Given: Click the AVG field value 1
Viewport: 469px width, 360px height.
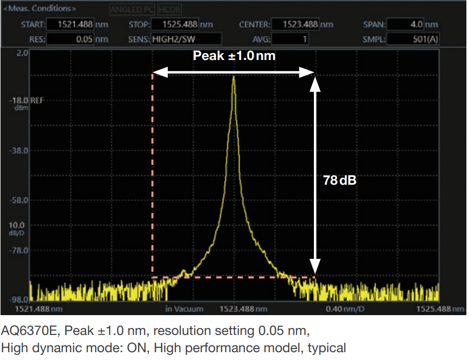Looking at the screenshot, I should point(290,39).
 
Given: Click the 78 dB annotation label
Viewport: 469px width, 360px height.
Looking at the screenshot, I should point(339,181).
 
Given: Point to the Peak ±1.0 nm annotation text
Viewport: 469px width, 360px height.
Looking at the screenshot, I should point(234,56).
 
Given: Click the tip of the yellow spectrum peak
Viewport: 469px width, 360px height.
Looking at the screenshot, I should point(233,77).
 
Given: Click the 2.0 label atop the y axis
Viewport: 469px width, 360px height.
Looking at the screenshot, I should point(22,54).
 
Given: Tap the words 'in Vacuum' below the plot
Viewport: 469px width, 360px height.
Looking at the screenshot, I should point(184,309).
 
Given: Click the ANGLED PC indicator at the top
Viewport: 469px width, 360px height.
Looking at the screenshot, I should point(132,9).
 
